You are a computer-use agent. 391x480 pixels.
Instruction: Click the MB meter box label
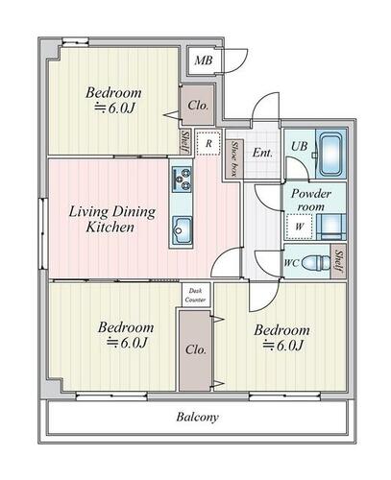point(204,60)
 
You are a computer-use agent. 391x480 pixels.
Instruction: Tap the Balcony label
point(198,417)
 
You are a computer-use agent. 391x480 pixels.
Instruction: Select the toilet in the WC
point(316,262)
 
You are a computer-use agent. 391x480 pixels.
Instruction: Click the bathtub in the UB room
point(331,155)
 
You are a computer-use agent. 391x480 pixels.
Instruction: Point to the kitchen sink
point(182,230)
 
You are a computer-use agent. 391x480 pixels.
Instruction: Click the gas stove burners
point(182,179)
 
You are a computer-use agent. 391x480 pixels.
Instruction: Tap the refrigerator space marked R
point(208,143)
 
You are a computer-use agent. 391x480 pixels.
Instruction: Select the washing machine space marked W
point(299,227)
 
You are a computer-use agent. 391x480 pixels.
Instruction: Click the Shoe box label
point(234,159)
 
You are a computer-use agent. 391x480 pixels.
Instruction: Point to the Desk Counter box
point(196,295)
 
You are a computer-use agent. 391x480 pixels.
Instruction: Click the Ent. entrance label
point(262,153)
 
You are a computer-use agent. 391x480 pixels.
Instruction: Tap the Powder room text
point(310,200)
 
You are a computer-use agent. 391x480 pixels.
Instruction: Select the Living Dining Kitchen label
point(112,219)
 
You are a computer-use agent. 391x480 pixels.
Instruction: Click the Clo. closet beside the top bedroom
point(198,105)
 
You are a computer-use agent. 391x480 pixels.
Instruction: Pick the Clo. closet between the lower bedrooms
point(195,350)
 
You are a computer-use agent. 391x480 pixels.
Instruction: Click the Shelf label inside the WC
point(339,261)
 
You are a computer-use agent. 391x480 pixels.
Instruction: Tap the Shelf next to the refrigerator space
point(185,142)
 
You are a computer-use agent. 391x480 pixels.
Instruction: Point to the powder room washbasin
point(331,227)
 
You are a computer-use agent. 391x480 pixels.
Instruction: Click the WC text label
point(292,263)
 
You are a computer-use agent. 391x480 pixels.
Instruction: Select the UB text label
point(299,146)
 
